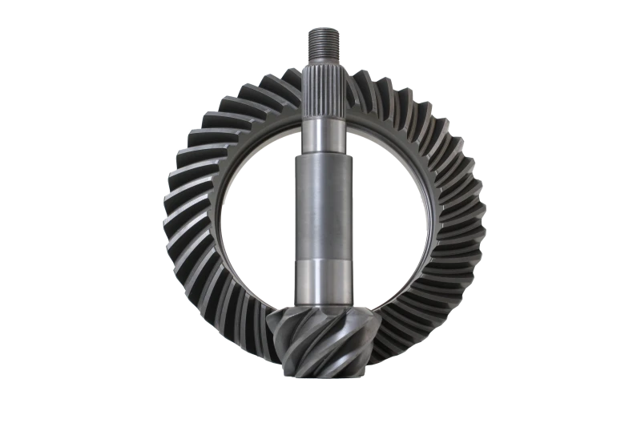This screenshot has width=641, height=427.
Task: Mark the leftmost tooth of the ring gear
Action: click(x=171, y=216)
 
